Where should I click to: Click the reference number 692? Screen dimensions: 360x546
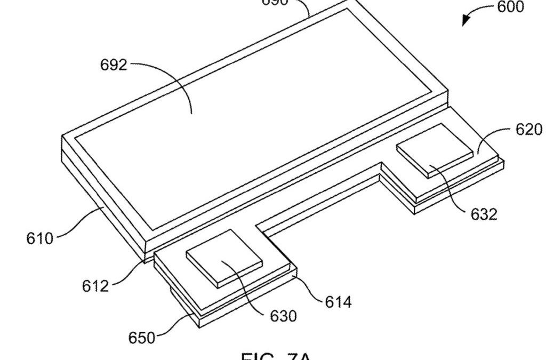click(x=114, y=65)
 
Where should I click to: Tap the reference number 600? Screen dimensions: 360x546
click(x=510, y=7)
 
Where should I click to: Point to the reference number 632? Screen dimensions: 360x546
click(x=484, y=213)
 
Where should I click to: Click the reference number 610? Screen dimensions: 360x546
click(x=40, y=238)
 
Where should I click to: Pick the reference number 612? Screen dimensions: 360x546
click(x=95, y=285)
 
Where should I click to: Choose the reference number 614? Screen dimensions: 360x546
click(x=339, y=302)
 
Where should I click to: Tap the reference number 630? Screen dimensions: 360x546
click(x=283, y=316)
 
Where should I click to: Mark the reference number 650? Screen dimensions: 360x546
click(x=142, y=338)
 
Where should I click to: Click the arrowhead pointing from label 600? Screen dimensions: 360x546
click(x=466, y=20)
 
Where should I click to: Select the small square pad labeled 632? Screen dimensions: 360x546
click(x=435, y=151)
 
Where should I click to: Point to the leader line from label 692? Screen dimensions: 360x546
click(x=171, y=80)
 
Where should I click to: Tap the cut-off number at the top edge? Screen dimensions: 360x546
click(x=274, y=2)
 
